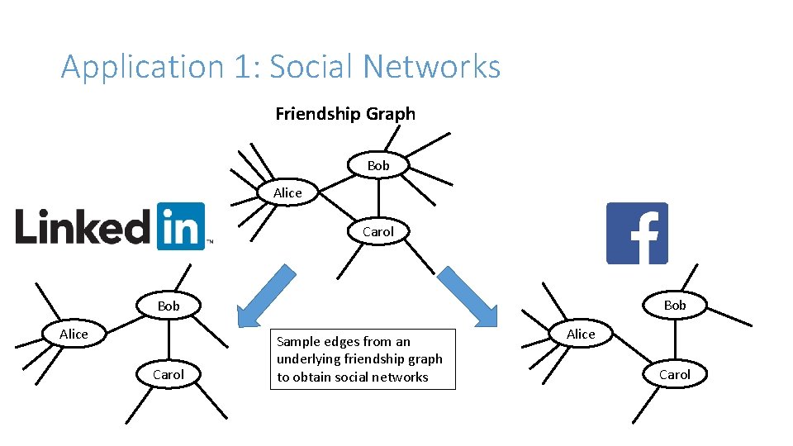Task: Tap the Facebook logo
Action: click(637, 233)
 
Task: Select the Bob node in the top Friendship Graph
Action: click(378, 166)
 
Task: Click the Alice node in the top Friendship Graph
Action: click(287, 192)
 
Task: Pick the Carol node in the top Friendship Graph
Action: click(378, 232)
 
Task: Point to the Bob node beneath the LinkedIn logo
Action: click(169, 306)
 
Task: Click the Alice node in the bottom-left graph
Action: click(74, 334)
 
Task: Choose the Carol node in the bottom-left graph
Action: click(169, 374)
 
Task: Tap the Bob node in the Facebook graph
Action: click(675, 306)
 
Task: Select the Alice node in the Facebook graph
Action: click(581, 334)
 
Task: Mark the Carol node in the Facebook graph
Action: click(674, 374)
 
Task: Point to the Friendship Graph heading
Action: click(345, 114)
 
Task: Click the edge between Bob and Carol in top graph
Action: click(378, 199)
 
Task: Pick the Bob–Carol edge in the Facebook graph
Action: click(675, 340)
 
